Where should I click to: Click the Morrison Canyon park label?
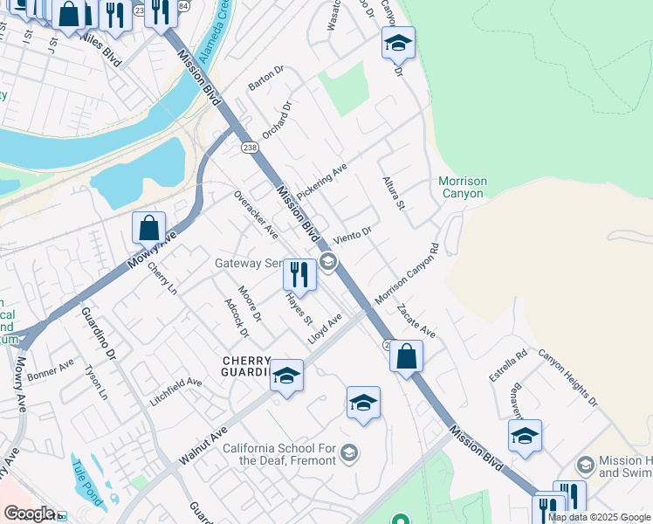click(x=463, y=187)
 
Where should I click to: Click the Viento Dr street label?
click(x=353, y=235)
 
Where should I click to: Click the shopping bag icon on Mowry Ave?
click(x=149, y=228)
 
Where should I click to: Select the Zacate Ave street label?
click(x=416, y=321)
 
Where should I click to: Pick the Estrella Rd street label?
click(x=508, y=365)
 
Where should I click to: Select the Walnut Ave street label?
click(x=203, y=445)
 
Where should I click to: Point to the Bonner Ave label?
click(x=51, y=371)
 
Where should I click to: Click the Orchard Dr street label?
click(x=276, y=120)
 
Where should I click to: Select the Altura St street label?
click(x=394, y=192)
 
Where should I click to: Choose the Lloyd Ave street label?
click(x=324, y=328)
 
